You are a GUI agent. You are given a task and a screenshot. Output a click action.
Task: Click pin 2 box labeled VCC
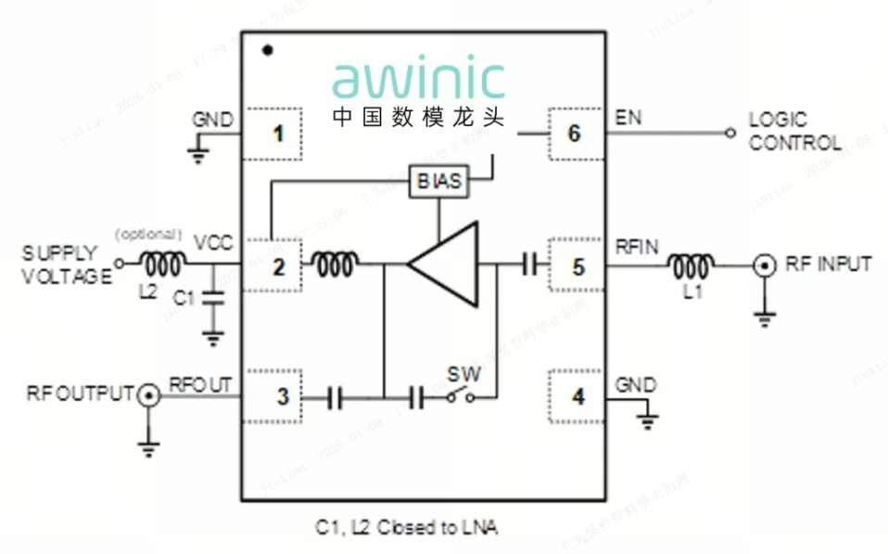[276, 267]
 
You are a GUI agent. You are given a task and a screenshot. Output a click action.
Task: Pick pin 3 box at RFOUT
[280, 398]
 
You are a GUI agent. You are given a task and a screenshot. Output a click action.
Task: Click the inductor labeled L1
[690, 267]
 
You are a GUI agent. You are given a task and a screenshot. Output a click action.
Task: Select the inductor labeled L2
[161, 265]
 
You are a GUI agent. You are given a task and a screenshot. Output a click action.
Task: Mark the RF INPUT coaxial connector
[764, 267]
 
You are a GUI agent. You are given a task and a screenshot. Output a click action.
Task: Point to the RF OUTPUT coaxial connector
[147, 398]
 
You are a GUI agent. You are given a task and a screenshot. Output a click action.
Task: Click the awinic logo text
[419, 81]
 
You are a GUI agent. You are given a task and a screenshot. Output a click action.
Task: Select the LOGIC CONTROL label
[795, 132]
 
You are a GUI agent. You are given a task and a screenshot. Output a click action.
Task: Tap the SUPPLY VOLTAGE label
[60, 264]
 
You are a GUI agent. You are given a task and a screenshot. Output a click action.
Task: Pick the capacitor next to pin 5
[530, 266]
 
